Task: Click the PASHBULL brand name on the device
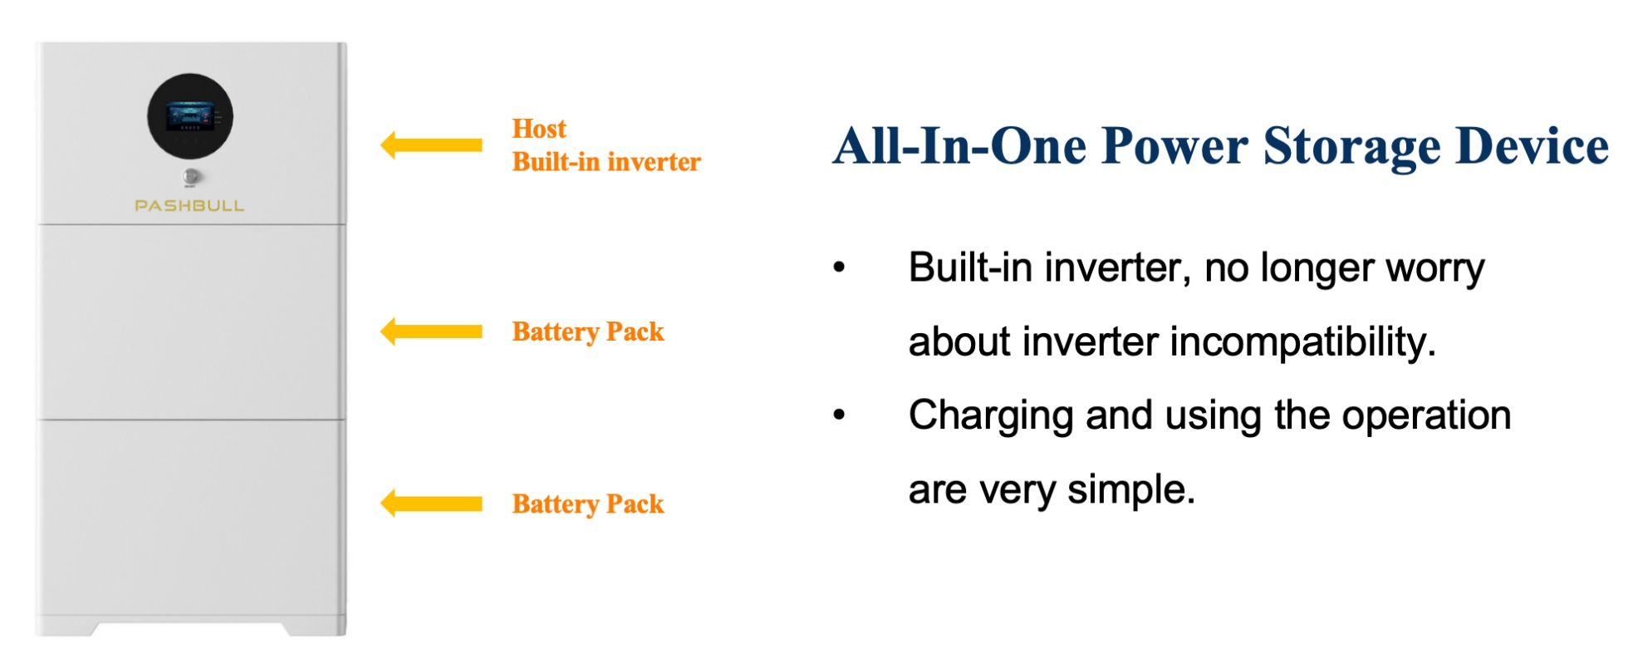click(x=189, y=205)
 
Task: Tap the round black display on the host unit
click(x=190, y=116)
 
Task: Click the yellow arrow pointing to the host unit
click(x=431, y=145)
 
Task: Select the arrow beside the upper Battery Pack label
click(x=431, y=331)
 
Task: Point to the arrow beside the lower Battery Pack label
click(x=431, y=503)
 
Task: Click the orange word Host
click(x=539, y=129)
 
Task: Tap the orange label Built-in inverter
click(x=606, y=161)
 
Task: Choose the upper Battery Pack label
click(x=588, y=331)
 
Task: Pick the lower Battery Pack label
click(x=588, y=503)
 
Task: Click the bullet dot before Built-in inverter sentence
click(x=840, y=268)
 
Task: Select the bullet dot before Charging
click(x=840, y=415)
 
